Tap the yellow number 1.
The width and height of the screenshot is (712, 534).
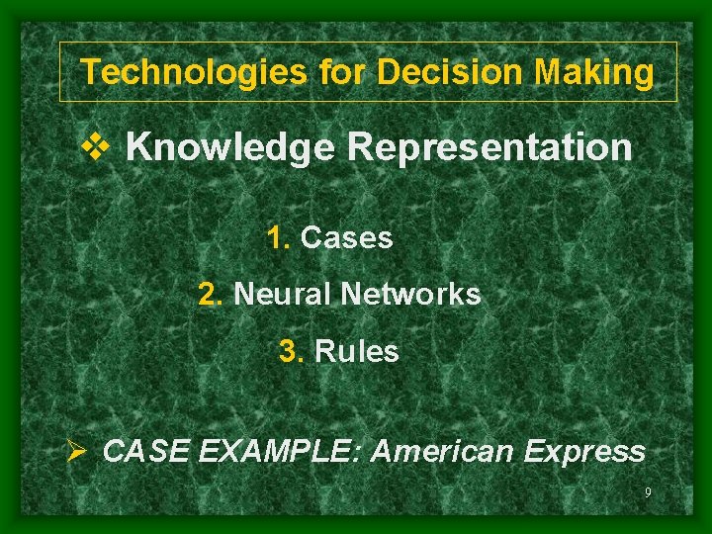[277, 238]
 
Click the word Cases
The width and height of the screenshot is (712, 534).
[346, 238]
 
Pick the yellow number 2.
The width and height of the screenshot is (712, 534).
[210, 295]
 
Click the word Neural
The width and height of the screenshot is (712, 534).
[282, 295]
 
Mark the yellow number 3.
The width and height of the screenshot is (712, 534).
[292, 352]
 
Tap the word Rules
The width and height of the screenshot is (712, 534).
[357, 352]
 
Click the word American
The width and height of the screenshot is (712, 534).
[441, 452]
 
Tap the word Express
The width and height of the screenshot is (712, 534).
[584, 452]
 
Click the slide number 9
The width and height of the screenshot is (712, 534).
[647, 492]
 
